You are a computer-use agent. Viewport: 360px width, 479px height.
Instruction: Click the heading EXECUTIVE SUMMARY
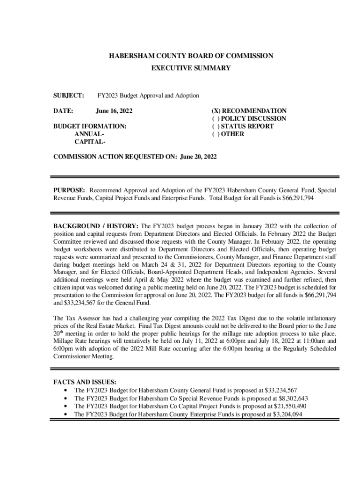(x=191, y=68)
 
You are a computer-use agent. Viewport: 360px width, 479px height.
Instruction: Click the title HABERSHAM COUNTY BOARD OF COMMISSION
(x=191, y=56)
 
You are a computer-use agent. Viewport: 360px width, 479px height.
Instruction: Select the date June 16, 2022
(x=114, y=111)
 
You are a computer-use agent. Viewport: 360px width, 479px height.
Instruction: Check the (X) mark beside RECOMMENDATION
(x=216, y=111)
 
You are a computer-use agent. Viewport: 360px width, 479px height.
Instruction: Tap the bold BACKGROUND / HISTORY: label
(x=96, y=227)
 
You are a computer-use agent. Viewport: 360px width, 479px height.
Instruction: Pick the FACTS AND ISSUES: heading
(x=86, y=382)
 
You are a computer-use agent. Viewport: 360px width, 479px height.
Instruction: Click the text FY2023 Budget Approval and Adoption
(x=148, y=95)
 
